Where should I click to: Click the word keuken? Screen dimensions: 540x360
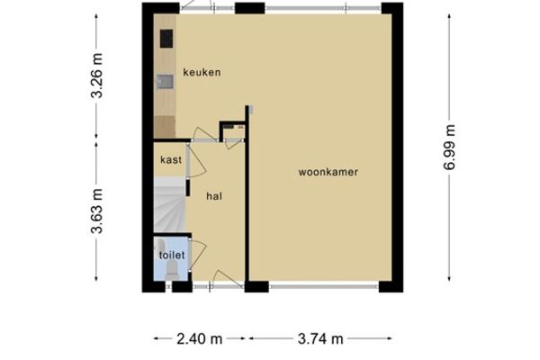202,72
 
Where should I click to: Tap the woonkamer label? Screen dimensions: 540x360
328,172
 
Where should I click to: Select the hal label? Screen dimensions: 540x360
214,196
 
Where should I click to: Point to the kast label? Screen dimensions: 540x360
171,160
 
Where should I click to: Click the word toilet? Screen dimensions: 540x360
172,256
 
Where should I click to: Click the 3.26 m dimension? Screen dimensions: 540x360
97,76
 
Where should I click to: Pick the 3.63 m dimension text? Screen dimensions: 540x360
97,211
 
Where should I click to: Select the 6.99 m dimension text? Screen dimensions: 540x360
449,148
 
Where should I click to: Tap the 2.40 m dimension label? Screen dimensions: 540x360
200,339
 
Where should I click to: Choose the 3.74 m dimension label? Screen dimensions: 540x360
320,339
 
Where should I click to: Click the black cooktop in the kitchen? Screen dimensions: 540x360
166,39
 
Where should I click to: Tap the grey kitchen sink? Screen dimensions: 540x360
166,82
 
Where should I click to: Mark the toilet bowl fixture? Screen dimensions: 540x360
172,270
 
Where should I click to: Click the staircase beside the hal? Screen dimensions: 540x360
169,205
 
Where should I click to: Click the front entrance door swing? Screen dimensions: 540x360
228,278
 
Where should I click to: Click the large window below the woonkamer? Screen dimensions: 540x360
324,286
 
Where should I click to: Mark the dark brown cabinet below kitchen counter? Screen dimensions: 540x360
165,127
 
